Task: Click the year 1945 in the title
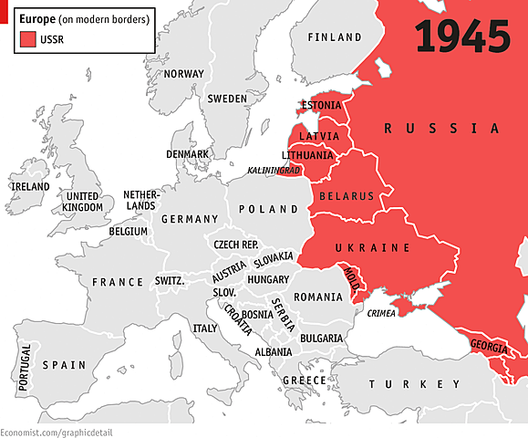461,36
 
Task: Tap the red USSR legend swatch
27,39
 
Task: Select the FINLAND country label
335,37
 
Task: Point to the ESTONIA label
320,105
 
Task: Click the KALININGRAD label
274,171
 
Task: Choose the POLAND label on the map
268,209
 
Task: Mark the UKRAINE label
372,248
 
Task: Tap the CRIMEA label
381,314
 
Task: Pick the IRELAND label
29,186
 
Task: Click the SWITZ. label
170,281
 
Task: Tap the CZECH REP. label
236,245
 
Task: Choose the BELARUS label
347,196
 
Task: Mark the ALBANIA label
274,351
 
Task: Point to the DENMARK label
187,154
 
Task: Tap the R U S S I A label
441,129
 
